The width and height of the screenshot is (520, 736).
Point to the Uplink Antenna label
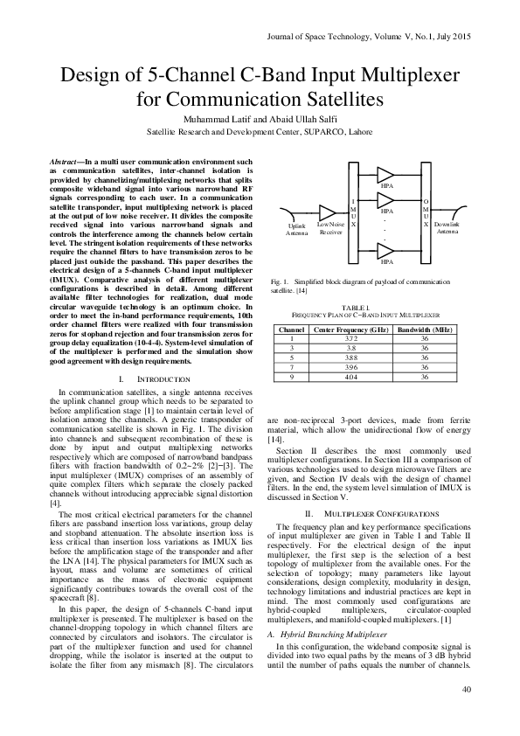click(297, 229)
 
